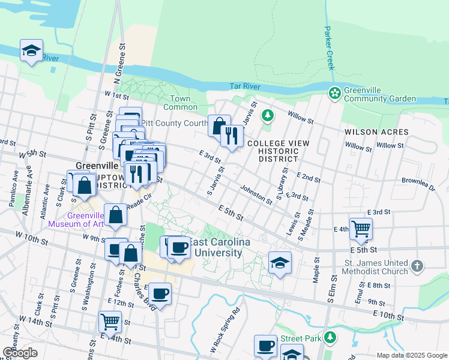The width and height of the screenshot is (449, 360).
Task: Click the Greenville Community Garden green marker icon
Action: tap(334, 93)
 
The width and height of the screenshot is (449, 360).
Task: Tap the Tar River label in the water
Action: tap(244, 87)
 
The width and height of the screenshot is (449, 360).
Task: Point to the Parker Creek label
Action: tap(329, 47)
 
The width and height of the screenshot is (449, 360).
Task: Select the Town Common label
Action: tap(180, 103)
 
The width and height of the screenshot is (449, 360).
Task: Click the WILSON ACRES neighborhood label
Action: tap(376, 132)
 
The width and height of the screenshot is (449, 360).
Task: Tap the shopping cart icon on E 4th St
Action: tap(360, 228)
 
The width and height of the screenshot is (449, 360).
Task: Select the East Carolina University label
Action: tap(210, 247)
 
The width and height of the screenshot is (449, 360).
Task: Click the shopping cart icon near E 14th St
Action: tap(110, 321)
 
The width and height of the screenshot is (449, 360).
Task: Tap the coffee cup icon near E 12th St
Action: tap(160, 294)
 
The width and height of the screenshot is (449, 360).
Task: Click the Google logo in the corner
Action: tap(20, 353)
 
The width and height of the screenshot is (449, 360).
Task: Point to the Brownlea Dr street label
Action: tap(418, 184)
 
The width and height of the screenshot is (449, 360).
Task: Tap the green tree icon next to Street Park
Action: tap(329, 338)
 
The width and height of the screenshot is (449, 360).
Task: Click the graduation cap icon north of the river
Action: tap(31, 50)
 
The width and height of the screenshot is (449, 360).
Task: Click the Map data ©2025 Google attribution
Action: tap(411, 355)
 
